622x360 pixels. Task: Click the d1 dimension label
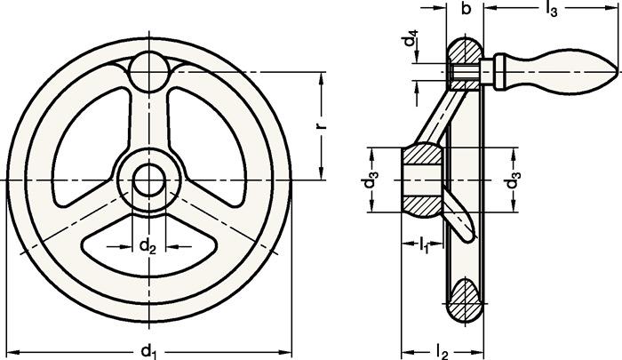tap(148, 349)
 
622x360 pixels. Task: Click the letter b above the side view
tap(465, 10)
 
